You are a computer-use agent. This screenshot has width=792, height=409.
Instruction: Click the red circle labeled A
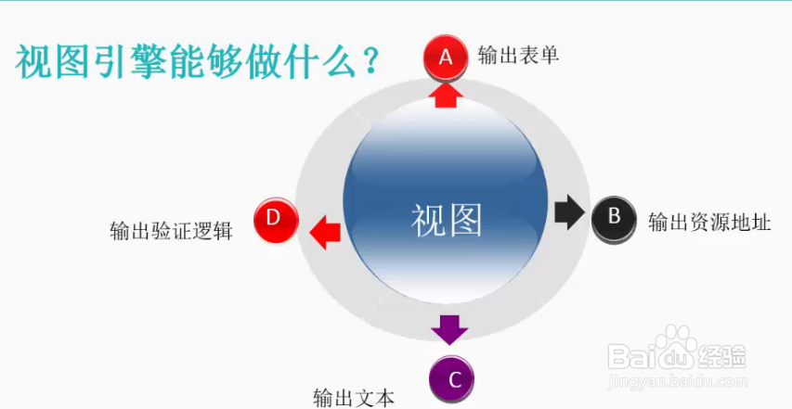[446, 58]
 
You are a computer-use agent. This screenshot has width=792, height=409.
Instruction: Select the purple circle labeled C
[452, 378]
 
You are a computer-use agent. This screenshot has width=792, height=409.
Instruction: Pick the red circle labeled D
[274, 218]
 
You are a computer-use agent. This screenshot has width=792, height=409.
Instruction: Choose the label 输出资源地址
[709, 223]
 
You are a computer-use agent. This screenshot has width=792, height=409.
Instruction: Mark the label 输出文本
[354, 399]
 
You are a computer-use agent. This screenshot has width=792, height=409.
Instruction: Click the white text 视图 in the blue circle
[448, 220]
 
